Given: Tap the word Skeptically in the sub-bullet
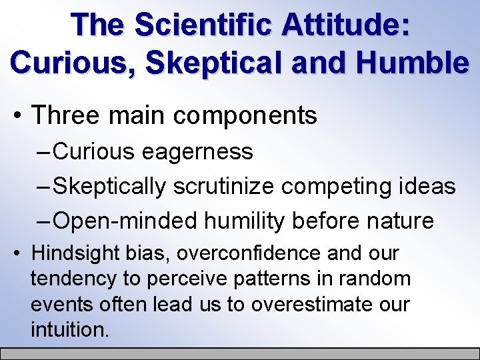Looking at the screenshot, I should (x=110, y=187).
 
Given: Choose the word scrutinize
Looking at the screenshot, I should (x=224, y=187).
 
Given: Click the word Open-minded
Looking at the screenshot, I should (x=125, y=221).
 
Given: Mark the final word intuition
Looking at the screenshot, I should (x=69, y=329).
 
